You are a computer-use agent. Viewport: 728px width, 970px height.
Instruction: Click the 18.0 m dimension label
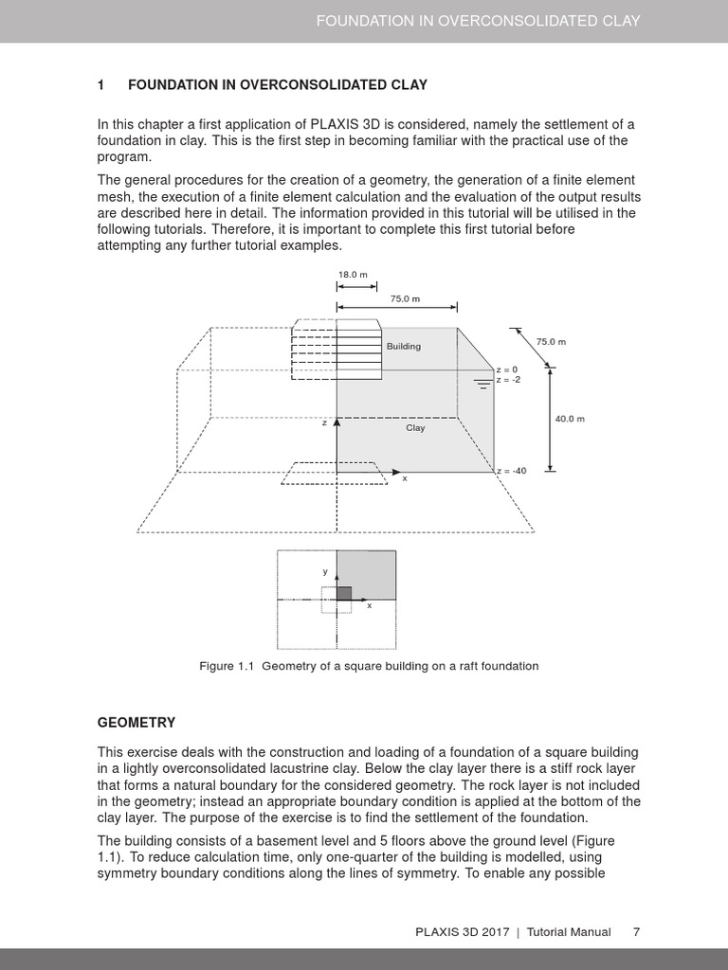[x=353, y=275]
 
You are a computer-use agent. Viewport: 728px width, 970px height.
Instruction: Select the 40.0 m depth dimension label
[x=570, y=419]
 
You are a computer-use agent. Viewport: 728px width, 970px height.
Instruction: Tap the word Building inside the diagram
[x=403, y=347]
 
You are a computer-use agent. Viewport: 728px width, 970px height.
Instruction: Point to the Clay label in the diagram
[x=415, y=428]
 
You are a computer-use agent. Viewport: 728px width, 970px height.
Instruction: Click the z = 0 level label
[x=507, y=369]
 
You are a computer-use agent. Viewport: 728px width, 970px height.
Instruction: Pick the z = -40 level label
[x=511, y=471]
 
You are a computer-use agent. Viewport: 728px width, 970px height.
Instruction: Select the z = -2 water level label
[x=508, y=380]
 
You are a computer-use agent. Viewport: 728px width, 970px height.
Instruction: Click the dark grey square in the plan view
[x=344, y=593]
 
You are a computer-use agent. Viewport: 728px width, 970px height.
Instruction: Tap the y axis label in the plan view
[x=325, y=571]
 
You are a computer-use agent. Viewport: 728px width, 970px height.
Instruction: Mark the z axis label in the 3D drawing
[x=324, y=422]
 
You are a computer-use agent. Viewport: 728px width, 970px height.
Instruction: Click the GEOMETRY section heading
[x=136, y=723]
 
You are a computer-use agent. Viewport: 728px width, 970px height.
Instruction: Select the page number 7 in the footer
[x=636, y=932]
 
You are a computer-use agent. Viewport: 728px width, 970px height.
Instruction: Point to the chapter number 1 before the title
[x=100, y=85]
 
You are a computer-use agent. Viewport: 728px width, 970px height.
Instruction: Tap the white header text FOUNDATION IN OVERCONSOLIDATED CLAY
[x=479, y=20]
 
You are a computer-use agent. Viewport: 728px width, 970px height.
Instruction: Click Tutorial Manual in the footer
[x=569, y=932]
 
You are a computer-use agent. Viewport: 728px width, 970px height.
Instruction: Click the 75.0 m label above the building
[x=405, y=298]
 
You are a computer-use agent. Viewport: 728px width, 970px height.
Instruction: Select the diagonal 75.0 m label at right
[x=551, y=342]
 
